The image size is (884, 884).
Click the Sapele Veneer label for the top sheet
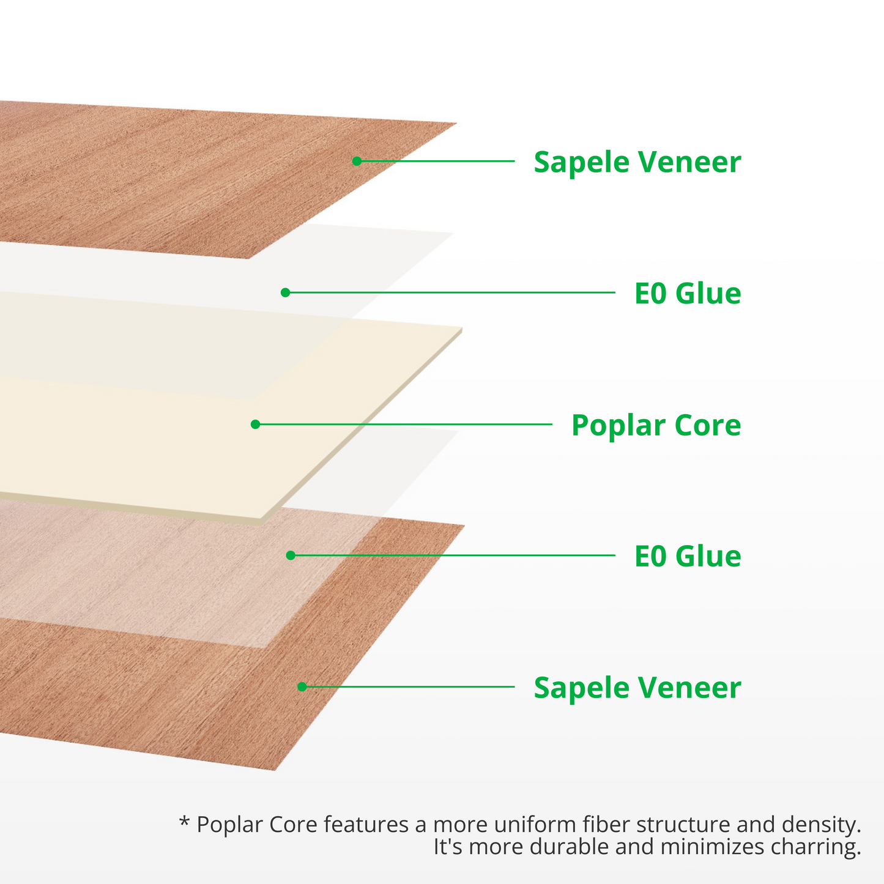[x=637, y=162]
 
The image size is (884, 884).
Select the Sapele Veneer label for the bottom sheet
[x=637, y=688]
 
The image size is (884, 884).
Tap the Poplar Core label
[x=656, y=425]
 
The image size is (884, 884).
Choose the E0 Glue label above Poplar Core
[x=687, y=294]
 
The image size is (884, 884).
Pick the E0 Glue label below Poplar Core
[x=687, y=557]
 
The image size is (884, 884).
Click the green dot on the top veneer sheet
[x=357, y=161]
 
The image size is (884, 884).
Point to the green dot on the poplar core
[x=256, y=424]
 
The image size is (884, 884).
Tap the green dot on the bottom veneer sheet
[x=302, y=686]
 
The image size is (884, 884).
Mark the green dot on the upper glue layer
[x=285, y=292]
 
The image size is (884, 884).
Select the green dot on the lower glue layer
[x=291, y=555]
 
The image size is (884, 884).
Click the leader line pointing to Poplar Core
[x=404, y=424]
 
